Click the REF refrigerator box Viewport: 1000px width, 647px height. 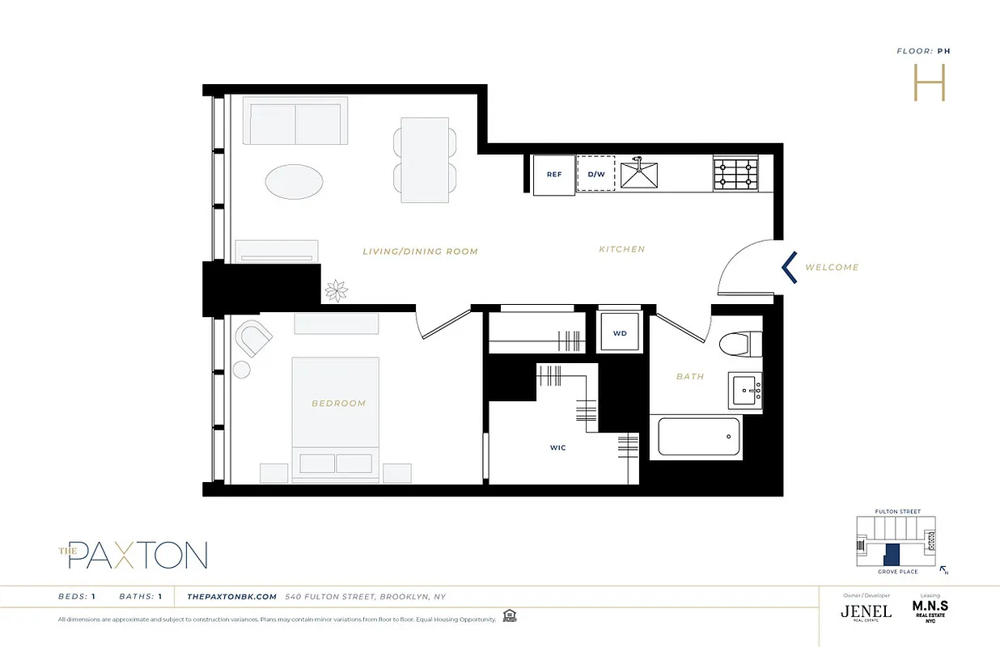click(553, 175)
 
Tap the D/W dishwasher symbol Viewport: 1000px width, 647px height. click(595, 175)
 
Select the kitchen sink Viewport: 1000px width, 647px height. click(639, 174)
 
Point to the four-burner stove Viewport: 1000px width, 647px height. click(735, 175)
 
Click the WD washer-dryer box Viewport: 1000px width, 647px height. click(619, 332)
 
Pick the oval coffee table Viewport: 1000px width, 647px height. click(293, 182)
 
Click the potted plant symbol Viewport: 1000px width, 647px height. click(335, 290)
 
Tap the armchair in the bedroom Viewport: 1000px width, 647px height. click(253, 337)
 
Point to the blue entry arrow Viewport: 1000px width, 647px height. click(790, 268)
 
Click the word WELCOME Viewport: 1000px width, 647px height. click(832, 268)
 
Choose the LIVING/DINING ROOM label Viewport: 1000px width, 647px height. click(421, 252)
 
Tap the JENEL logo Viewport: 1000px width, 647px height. click(866, 611)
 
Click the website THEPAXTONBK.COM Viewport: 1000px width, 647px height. click(232, 597)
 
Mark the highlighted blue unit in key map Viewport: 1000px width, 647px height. click(891, 555)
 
